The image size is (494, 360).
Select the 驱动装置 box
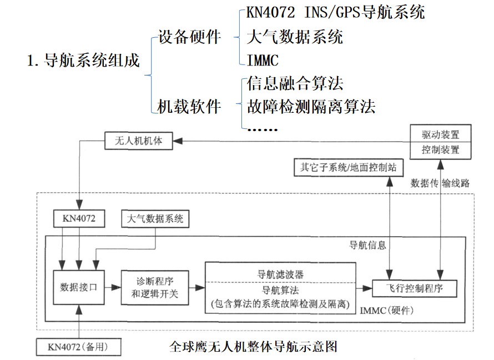click(x=441, y=134)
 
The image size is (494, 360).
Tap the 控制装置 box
click(x=441, y=150)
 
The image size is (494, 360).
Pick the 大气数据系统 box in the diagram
click(x=155, y=219)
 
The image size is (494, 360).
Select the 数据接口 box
click(x=78, y=287)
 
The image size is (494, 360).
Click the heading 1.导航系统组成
click(x=83, y=61)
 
